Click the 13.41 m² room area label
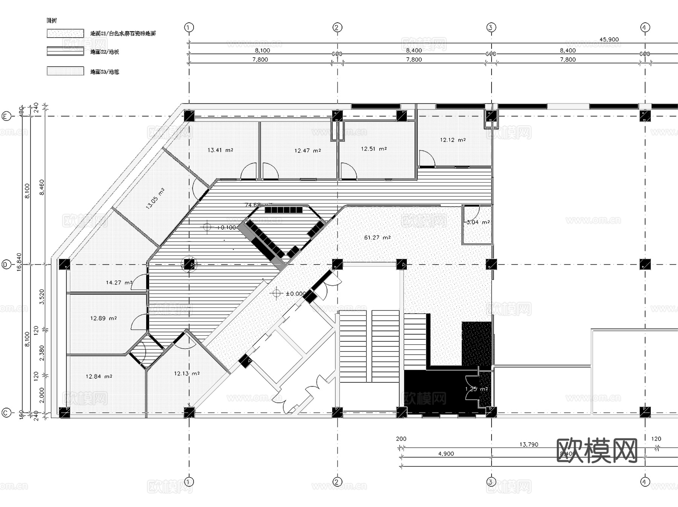tap(220, 150)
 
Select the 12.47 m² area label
tap(307, 151)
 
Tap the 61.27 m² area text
tap(377, 238)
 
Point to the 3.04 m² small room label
tap(478, 222)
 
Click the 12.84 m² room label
tap(99, 376)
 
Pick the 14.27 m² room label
tap(119, 282)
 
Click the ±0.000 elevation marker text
tap(296, 294)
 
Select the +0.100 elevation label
tap(226, 227)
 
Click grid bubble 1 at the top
tap(189, 27)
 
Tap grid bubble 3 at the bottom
tap(491, 482)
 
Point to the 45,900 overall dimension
tap(609, 39)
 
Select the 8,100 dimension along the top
tap(262, 50)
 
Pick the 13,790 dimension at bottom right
tap(528, 445)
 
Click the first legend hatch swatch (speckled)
tap(65, 33)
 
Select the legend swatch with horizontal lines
tap(65, 51)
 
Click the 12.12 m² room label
tap(452, 140)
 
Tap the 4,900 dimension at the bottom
tap(446, 454)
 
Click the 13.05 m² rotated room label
tap(155, 198)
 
